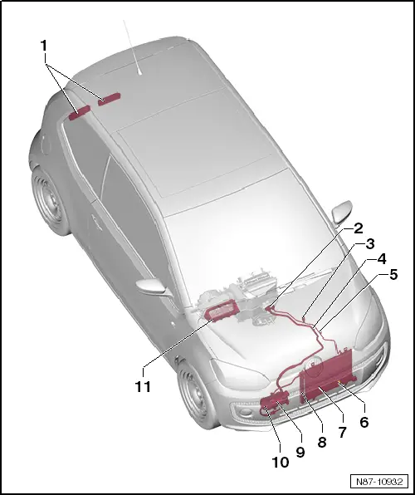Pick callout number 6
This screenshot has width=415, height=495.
[363, 422]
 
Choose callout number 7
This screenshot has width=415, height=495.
[342, 433]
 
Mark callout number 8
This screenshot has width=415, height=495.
[321, 444]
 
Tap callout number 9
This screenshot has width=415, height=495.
[300, 452]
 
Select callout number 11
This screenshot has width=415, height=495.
[143, 386]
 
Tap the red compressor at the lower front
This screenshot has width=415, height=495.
[272, 404]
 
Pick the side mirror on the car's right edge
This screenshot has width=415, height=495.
[341, 213]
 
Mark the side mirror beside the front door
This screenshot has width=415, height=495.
[154, 288]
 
